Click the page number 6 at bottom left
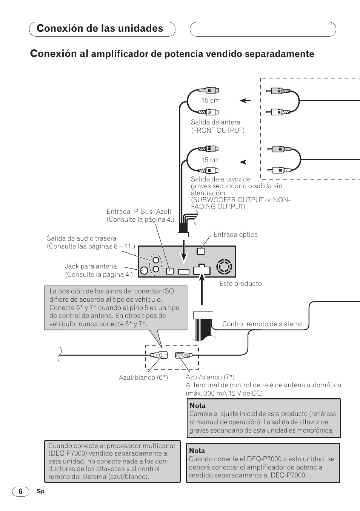(21, 491)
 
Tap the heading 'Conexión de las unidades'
(100, 29)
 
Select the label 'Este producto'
(240, 284)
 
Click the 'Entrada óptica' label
(235, 235)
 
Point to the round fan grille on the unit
(224, 267)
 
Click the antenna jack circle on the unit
(143, 270)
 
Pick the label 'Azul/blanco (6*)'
(143, 377)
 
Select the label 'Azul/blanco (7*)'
(210, 377)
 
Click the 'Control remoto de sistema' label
(262, 324)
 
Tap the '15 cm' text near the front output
(210, 100)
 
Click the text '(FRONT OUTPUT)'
(218, 130)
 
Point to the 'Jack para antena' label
(91, 266)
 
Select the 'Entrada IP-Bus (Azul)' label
(139, 212)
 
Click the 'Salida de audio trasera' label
(82, 238)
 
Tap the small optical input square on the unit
(201, 251)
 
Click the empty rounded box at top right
(263, 29)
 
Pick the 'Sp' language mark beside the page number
(40, 491)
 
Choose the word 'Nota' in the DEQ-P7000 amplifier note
(197, 451)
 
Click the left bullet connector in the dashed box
(159, 355)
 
